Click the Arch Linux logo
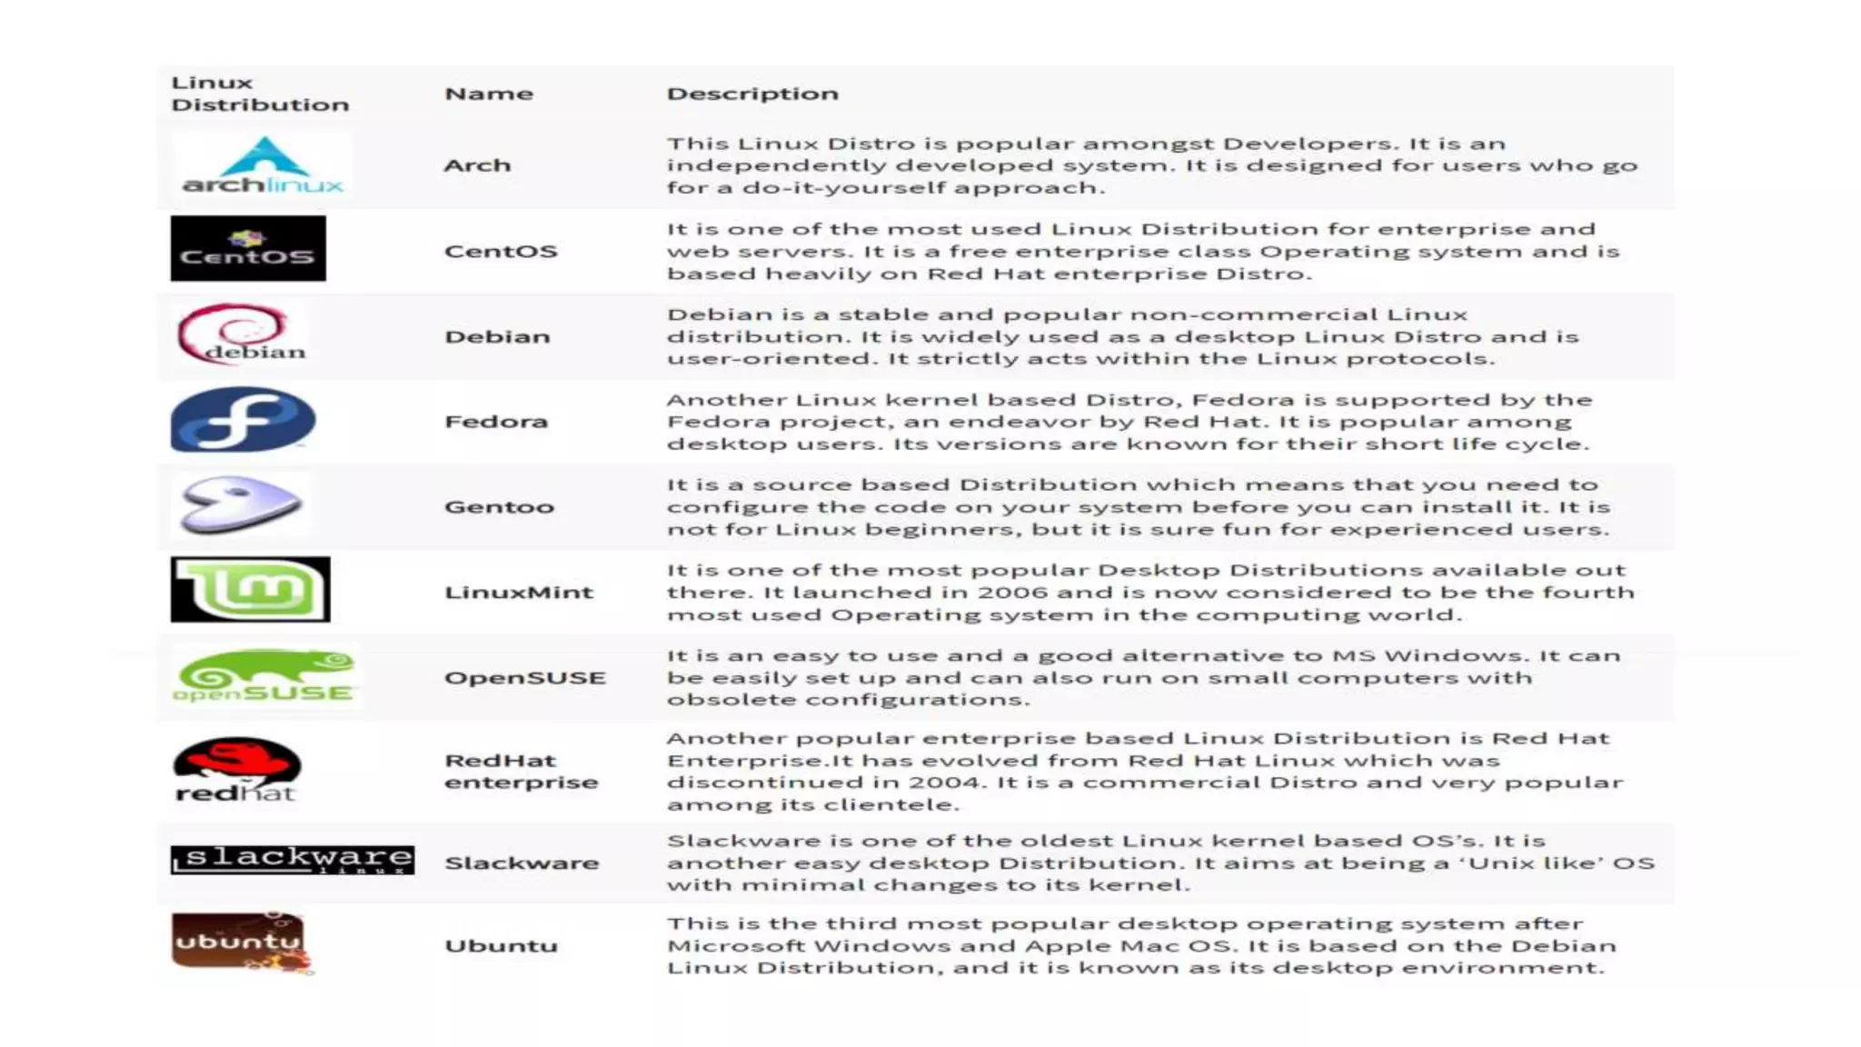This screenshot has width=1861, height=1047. point(263,165)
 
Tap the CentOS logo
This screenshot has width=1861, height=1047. point(248,249)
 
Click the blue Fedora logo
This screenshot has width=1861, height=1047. point(243,420)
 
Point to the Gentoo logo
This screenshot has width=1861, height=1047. point(241,504)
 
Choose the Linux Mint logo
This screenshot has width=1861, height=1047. point(251,590)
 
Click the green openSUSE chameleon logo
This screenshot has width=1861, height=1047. point(264,676)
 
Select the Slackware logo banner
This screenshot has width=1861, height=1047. point(293,860)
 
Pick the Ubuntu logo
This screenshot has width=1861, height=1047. point(241,943)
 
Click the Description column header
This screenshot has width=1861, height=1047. point(752,94)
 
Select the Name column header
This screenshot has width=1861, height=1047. point(489,94)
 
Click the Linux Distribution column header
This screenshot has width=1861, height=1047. point(260,94)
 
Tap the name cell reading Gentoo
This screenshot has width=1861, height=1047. point(499,507)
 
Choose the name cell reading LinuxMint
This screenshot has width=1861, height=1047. point(518,593)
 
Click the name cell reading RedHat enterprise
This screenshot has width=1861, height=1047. point(521,772)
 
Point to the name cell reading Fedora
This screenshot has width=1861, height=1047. point(496,422)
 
